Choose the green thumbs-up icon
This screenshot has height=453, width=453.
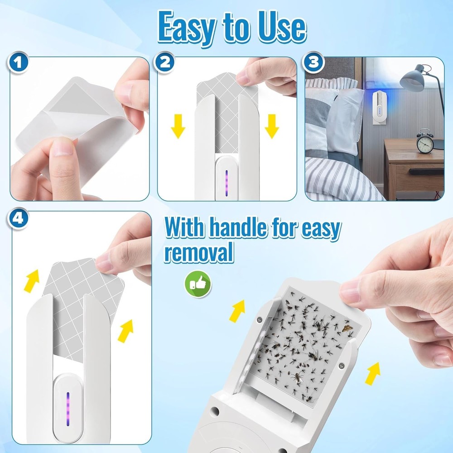198,284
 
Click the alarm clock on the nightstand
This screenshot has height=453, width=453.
424,142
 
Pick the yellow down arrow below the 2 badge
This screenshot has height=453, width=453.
178,126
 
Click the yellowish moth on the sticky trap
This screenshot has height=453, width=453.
348,327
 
